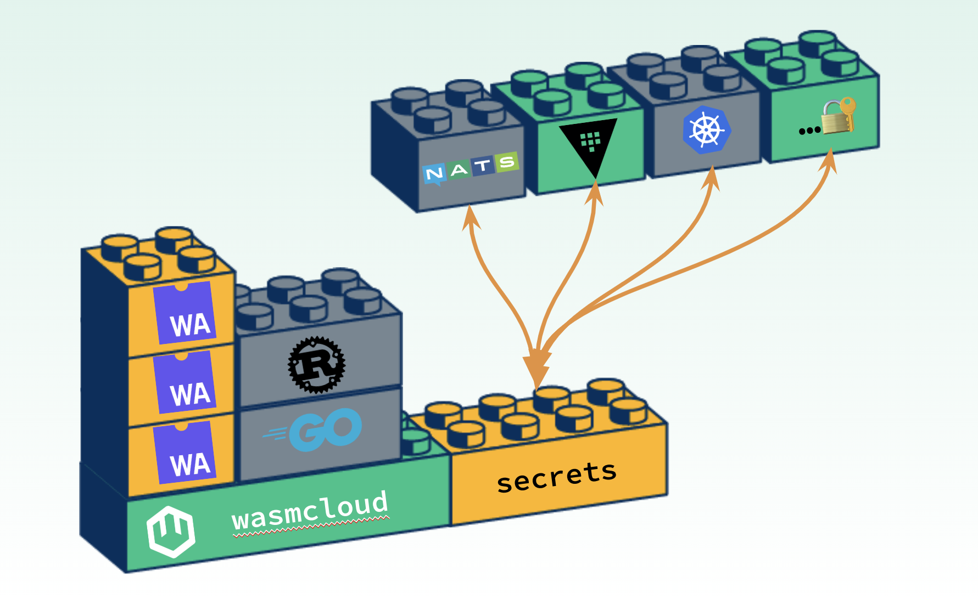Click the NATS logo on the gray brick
click(471, 167)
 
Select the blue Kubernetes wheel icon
click(707, 130)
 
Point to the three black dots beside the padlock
click(809, 131)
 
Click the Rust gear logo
click(316, 365)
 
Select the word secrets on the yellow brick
click(556, 476)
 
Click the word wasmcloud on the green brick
click(310, 510)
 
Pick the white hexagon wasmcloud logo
click(171, 532)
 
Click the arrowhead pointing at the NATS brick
click(471, 217)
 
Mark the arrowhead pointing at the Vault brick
click(595, 193)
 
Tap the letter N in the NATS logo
click(434, 174)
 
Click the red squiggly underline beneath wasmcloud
click(311, 528)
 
